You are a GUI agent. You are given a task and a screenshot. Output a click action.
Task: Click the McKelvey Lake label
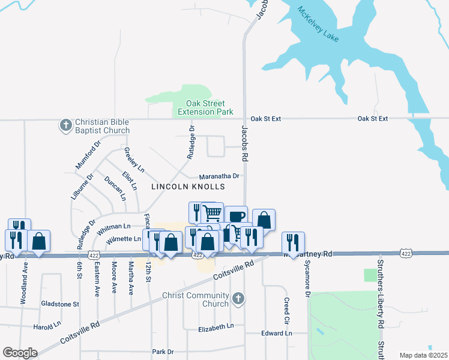319,25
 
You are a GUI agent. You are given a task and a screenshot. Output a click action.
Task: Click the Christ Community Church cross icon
238,298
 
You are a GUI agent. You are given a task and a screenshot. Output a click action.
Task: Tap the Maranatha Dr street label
220,176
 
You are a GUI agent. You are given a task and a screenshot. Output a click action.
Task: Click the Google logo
20,353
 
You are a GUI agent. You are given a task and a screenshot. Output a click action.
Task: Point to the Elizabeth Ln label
216,328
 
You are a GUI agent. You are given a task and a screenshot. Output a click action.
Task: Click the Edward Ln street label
276,333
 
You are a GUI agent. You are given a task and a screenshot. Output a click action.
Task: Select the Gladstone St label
59,304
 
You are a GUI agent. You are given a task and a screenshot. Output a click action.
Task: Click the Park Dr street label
163,352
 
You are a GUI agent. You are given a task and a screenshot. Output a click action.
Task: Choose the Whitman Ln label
113,226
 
